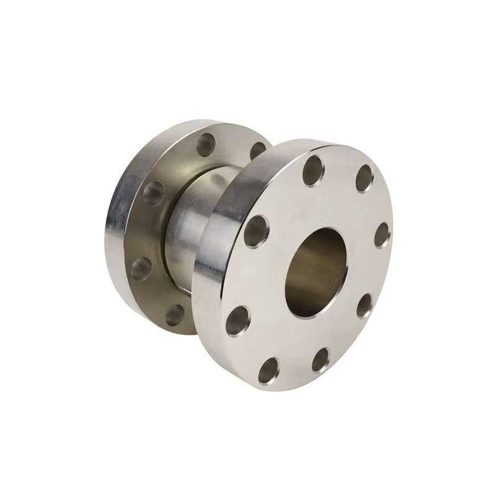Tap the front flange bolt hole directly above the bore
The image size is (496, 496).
coord(313,170)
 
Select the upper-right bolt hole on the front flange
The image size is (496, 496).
coord(365,179)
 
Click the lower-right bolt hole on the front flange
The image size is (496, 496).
coord(365,305)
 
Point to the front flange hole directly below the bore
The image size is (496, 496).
coord(321,360)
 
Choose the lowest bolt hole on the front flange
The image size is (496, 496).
coord(268,370)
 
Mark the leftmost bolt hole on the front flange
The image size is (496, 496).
coord(237,321)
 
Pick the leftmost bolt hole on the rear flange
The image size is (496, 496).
coord(142,267)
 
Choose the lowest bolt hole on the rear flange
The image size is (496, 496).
coord(176,314)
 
